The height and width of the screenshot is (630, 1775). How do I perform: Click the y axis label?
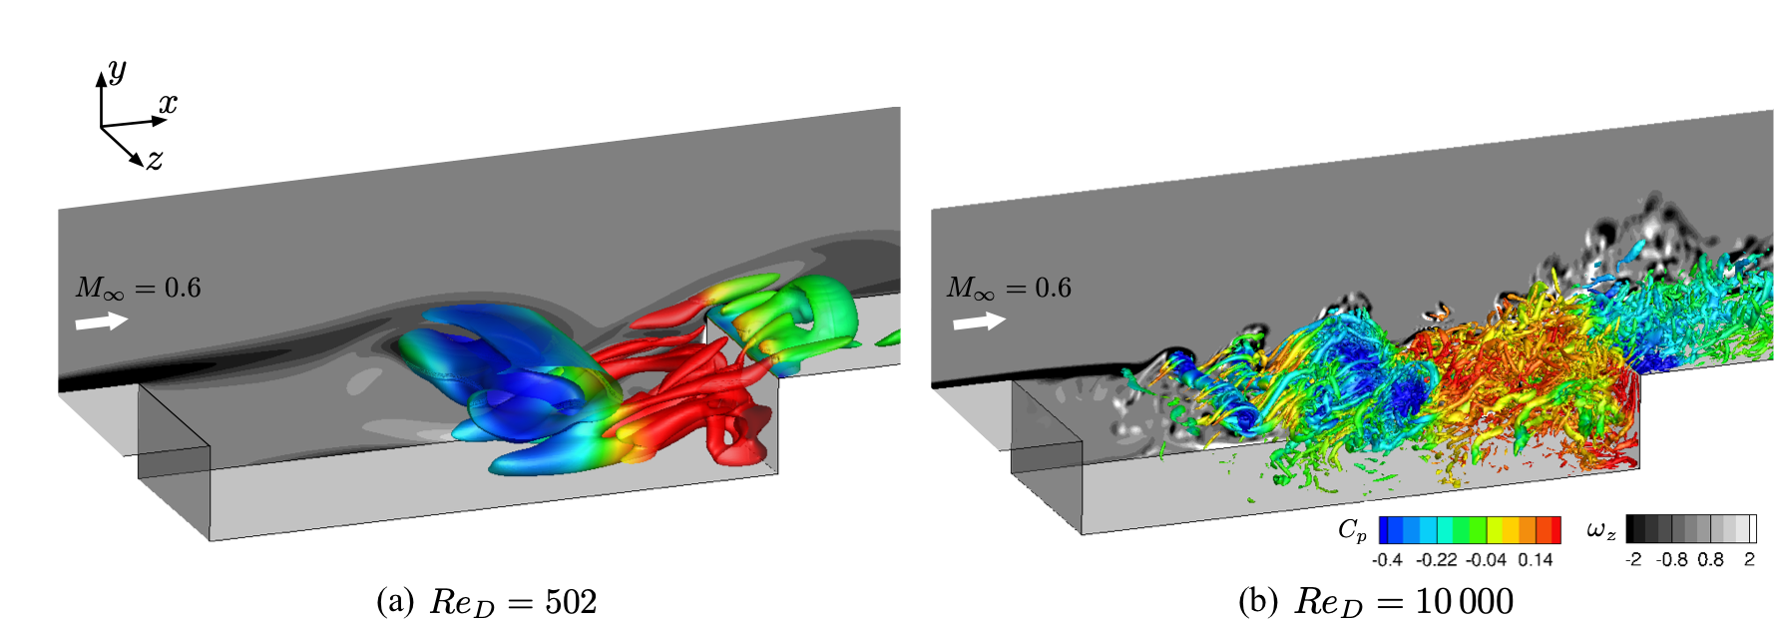[x=117, y=71]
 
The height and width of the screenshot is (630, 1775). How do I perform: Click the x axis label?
[x=168, y=103]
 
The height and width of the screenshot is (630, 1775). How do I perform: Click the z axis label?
[x=155, y=160]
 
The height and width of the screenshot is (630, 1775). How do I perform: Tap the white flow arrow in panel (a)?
[x=102, y=321]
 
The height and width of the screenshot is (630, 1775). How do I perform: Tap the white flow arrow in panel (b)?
[x=979, y=321]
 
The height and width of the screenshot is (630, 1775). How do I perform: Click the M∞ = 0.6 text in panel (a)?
[x=139, y=289]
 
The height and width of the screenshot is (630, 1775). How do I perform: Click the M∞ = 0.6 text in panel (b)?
[x=1009, y=289]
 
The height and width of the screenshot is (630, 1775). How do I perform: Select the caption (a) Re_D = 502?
[x=487, y=603]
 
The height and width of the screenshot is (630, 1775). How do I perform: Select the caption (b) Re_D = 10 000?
[x=1376, y=603]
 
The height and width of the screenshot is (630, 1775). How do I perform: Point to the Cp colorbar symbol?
[x=1352, y=530]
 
